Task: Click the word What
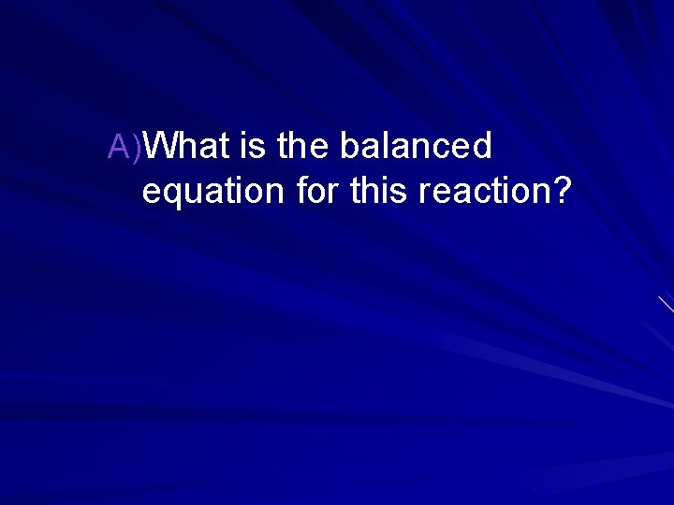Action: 187,146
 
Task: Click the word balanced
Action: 416,146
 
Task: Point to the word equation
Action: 213,192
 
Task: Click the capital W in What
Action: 165,146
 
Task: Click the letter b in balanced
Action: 349,146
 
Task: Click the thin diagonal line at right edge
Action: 666,304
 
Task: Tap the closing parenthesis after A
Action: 139,147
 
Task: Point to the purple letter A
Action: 120,146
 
